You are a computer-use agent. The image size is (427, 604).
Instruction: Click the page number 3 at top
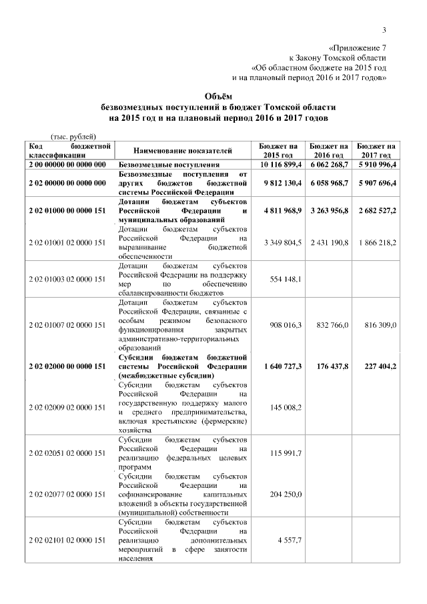pos(385,29)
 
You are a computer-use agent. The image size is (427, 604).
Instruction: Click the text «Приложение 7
pos(358,48)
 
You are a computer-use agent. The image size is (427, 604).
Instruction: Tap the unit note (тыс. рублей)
pos(74,135)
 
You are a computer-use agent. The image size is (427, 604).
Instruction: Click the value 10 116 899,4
pos(280,164)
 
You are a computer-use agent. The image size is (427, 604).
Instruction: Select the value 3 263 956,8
pos(329,210)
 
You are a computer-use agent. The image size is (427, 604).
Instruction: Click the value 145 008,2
pos(284,407)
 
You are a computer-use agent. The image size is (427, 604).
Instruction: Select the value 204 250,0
pos(284,494)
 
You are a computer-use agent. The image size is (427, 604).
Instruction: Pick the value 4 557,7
pos(289,539)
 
